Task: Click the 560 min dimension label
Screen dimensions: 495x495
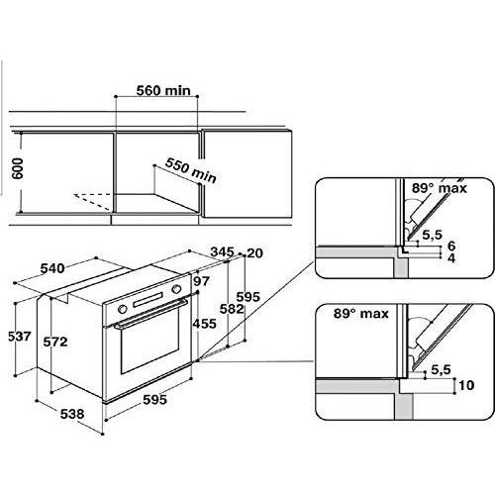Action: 163,90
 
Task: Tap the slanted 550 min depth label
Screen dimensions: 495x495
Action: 191,170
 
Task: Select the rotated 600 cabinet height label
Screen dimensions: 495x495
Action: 18,168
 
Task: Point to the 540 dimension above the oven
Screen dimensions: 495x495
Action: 52,268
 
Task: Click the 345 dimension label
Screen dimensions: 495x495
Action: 222,252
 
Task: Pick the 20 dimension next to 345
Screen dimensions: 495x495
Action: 254,253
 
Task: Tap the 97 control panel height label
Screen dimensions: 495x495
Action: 201,281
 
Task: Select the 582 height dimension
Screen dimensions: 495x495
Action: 232,309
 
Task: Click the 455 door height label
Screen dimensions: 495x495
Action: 205,324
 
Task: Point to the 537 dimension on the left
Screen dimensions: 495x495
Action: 20,337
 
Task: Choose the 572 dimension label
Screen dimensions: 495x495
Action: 55,342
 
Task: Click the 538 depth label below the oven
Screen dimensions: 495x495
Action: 72,414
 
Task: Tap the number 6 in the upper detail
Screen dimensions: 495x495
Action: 451,246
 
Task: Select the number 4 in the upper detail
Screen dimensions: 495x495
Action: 451,257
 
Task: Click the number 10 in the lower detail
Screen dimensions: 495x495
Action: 466,385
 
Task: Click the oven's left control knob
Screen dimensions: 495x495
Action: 122,309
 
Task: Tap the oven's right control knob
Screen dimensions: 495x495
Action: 176,289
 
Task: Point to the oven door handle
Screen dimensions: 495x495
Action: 150,313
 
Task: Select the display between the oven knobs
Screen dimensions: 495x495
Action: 148,300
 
